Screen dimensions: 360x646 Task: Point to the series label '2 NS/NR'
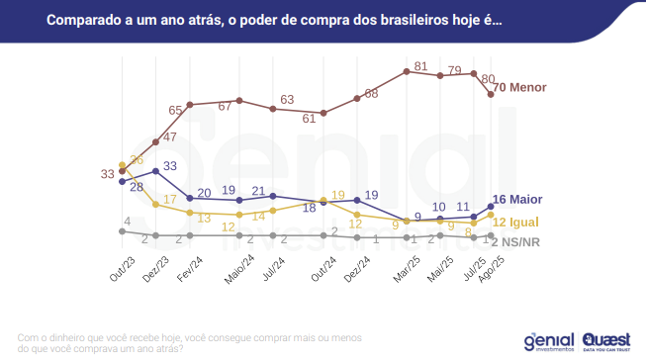click(515, 242)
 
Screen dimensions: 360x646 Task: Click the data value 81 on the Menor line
click(420, 66)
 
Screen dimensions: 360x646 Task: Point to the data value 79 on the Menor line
click(455, 70)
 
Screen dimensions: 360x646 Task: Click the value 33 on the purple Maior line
click(170, 166)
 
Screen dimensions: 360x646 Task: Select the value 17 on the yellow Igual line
click(169, 199)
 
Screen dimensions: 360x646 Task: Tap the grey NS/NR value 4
click(128, 220)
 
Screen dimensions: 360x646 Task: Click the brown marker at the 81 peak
click(407, 71)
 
